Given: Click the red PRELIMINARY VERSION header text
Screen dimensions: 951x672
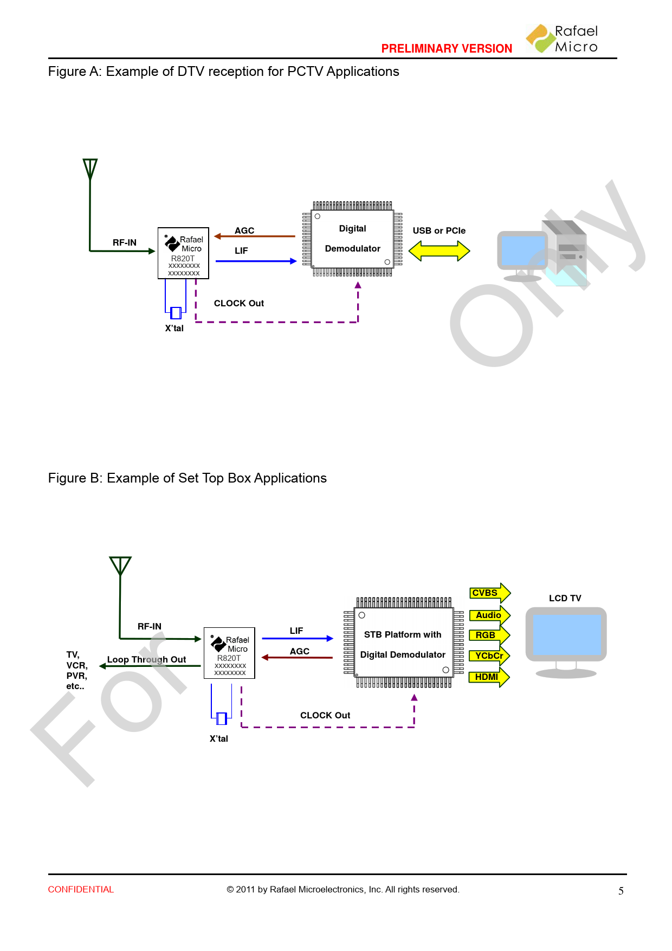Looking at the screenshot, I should (x=447, y=49).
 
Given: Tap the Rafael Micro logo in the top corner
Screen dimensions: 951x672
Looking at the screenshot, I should (x=562, y=38).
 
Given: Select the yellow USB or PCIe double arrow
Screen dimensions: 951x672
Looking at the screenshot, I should (x=439, y=251).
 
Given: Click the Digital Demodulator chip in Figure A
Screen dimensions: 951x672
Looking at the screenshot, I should (x=352, y=239).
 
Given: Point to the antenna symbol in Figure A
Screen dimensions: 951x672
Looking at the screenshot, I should (x=90, y=169).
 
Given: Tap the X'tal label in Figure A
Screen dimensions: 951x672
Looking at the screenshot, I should (x=175, y=328).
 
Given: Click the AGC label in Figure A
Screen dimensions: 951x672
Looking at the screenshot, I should (x=244, y=230).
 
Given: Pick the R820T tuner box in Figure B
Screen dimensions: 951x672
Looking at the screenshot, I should (x=229, y=653).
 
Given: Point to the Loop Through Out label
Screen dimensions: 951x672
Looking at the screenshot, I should (x=146, y=659).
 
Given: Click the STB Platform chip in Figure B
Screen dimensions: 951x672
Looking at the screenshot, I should (x=403, y=643).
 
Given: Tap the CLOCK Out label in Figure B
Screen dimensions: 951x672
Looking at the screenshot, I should (x=325, y=715).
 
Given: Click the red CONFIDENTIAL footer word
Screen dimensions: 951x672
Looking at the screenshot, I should (x=81, y=890).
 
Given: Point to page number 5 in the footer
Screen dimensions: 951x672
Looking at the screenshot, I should (x=621, y=891).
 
